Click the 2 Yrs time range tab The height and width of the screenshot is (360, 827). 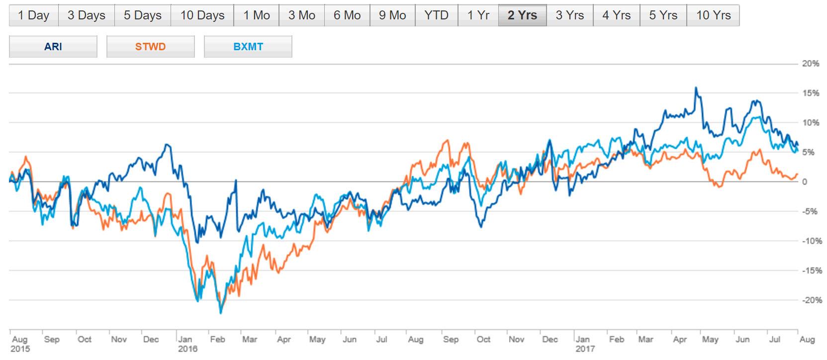point(522,15)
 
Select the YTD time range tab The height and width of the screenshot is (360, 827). point(436,15)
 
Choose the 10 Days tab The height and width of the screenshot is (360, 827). point(202,15)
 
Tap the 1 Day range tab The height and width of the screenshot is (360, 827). point(33,15)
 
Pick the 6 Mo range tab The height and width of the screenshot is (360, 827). point(347,15)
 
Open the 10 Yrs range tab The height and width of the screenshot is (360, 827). point(713,15)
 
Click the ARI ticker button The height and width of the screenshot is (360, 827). point(53,47)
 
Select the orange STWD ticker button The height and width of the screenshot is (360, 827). point(150,47)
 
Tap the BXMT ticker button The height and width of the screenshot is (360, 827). point(248,47)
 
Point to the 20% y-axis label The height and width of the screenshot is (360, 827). point(811,64)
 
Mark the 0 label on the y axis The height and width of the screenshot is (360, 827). point(804,182)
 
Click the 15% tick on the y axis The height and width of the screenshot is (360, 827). point(811,93)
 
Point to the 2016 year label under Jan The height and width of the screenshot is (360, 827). point(187,349)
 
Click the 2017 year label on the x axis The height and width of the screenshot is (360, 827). point(585,349)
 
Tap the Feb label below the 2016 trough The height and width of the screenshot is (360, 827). point(217,339)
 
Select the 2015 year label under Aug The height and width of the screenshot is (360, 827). point(20,349)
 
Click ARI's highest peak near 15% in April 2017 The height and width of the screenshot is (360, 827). point(696,88)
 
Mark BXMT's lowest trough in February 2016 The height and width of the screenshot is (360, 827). point(221,313)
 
